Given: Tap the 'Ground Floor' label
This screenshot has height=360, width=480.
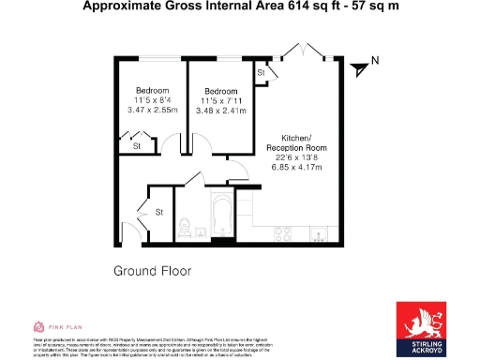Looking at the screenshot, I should (152, 271).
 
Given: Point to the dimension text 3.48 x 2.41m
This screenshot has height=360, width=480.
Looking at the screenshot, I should (220, 111).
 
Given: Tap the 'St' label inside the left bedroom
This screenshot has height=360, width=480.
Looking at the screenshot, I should (137, 146).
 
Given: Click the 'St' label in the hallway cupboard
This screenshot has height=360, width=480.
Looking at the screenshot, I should (158, 212).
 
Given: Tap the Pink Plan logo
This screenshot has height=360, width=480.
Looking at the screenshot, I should (55, 326).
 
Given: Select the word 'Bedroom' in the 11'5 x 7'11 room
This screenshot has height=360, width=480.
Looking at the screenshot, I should (220, 90).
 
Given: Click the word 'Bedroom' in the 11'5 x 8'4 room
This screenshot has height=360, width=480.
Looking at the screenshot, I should (150, 90).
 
